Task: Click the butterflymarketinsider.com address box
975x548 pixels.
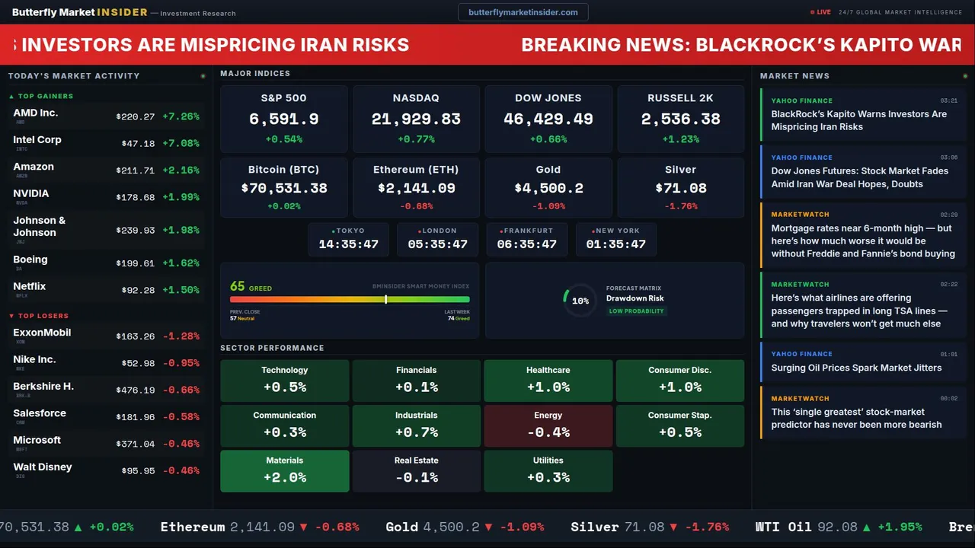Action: tap(523, 12)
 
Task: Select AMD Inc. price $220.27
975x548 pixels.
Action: tap(136, 117)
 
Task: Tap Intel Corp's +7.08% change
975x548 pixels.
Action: tap(181, 144)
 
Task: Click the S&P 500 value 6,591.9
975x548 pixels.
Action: tap(284, 119)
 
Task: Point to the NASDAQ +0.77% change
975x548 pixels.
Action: tap(416, 139)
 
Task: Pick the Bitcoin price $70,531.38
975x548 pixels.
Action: tap(284, 188)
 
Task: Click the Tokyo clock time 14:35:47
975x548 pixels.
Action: tap(348, 244)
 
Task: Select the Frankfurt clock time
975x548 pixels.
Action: tap(527, 244)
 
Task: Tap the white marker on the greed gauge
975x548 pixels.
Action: tap(386, 299)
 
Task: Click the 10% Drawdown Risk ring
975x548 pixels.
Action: tap(580, 301)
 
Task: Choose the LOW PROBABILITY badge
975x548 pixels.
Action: tap(636, 311)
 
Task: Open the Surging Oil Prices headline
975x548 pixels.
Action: tap(856, 368)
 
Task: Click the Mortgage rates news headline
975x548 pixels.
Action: tap(862, 241)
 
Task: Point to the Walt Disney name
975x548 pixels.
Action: tap(43, 467)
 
